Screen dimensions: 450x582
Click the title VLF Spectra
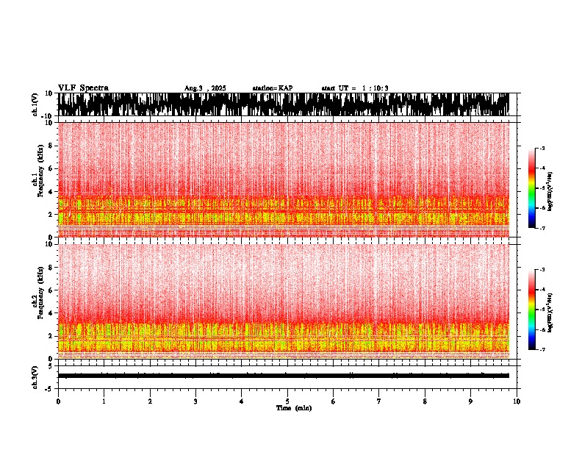(83, 87)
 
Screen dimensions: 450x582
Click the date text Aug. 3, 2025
(205, 88)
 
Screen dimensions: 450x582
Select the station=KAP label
(273, 88)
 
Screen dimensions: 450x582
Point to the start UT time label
(355, 88)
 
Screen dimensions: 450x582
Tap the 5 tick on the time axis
(287, 401)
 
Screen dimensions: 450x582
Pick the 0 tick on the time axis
(58, 401)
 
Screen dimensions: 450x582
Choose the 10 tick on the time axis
(517, 401)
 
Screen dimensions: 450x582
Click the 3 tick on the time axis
(195, 401)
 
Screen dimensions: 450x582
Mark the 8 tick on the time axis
(425, 401)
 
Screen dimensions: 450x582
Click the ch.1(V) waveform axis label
(35, 104)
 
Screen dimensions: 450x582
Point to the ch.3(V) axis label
(35, 376)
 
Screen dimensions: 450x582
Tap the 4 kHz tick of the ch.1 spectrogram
(51, 192)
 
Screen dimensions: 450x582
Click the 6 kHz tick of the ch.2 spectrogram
(51, 290)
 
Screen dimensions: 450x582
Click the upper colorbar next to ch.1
(539, 188)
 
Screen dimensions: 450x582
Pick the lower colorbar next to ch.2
(539, 310)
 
